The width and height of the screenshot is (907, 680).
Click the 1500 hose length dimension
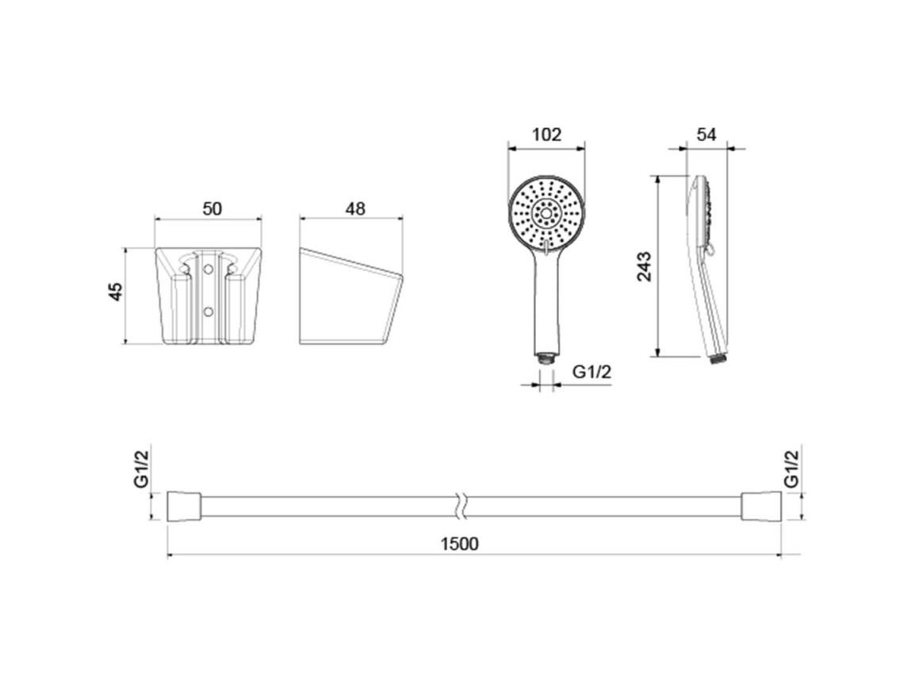(460, 544)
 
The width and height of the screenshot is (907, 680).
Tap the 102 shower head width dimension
(546, 134)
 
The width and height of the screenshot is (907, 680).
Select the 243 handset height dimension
(644, 266)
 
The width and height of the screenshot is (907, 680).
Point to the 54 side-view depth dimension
(706, 134)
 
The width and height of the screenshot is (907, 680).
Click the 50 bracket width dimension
(212, 208)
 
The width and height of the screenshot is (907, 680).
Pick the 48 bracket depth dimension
(355, 208)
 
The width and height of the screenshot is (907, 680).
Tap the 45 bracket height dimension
(117, 292)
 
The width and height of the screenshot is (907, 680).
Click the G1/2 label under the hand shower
(591, 372)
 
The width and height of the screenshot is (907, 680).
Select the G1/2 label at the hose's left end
(141, 468)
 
